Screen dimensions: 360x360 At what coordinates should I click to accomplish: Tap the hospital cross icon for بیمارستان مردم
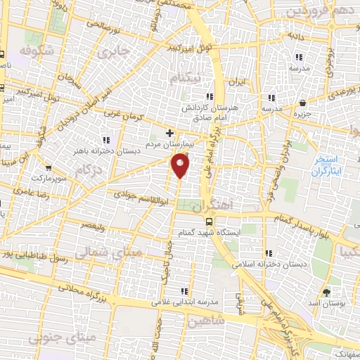click(169, 132)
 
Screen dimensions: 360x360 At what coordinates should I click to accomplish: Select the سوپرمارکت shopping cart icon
click(48, 168)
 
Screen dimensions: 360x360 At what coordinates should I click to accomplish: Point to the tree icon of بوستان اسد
click(326, 292)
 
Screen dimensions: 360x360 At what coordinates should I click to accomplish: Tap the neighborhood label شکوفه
click(37, 51)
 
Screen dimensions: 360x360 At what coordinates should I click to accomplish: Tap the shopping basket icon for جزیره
click(302, 103)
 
